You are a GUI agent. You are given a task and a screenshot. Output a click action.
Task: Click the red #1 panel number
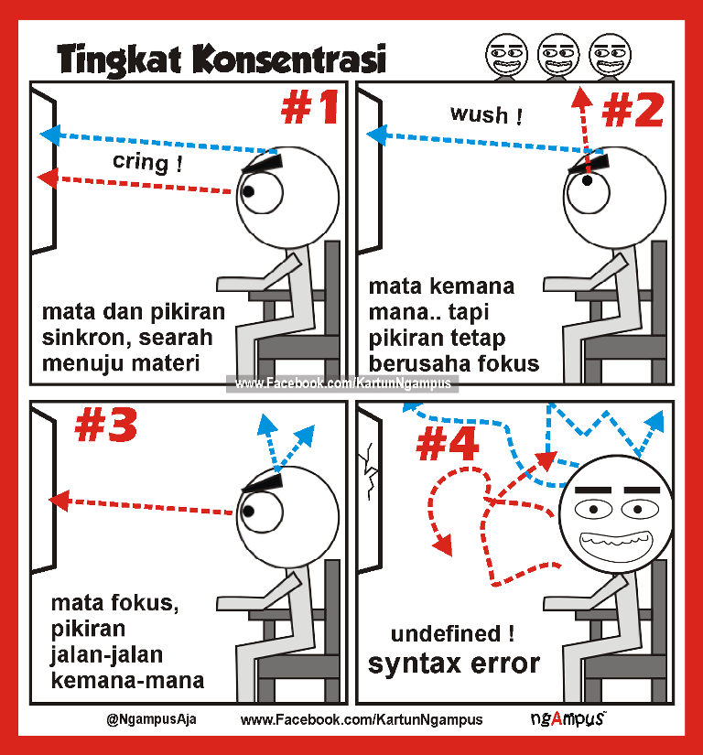point(309,107)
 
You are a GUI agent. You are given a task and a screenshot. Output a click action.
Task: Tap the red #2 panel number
point(633,110)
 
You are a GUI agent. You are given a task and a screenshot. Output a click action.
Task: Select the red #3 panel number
point(106,425)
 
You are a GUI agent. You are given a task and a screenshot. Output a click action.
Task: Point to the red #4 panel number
point(448,444)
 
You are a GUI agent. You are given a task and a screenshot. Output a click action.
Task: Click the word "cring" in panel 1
point(141,162)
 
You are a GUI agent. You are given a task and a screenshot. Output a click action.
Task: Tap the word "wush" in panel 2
point(479,115)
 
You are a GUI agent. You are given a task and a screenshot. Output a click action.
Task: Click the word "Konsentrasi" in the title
point(289,59)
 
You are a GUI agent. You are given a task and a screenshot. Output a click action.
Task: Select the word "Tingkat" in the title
point(119,60)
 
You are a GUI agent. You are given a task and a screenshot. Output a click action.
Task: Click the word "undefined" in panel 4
point(446,633)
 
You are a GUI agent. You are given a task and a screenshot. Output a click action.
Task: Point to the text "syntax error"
point(454,663)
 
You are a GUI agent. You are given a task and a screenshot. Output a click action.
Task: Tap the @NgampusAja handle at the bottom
point(151,719)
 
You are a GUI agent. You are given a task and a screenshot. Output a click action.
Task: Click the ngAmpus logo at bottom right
point(568,718)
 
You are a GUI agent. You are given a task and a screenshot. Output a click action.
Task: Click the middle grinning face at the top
point(558,56)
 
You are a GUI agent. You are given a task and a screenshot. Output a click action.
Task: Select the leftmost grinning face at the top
point(506,56)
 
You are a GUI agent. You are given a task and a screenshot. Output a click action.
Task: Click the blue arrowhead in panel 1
point(50,135)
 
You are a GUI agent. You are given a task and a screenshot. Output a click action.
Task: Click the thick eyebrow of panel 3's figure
point(262,483)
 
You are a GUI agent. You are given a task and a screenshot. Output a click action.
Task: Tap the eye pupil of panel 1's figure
point(248,191)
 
